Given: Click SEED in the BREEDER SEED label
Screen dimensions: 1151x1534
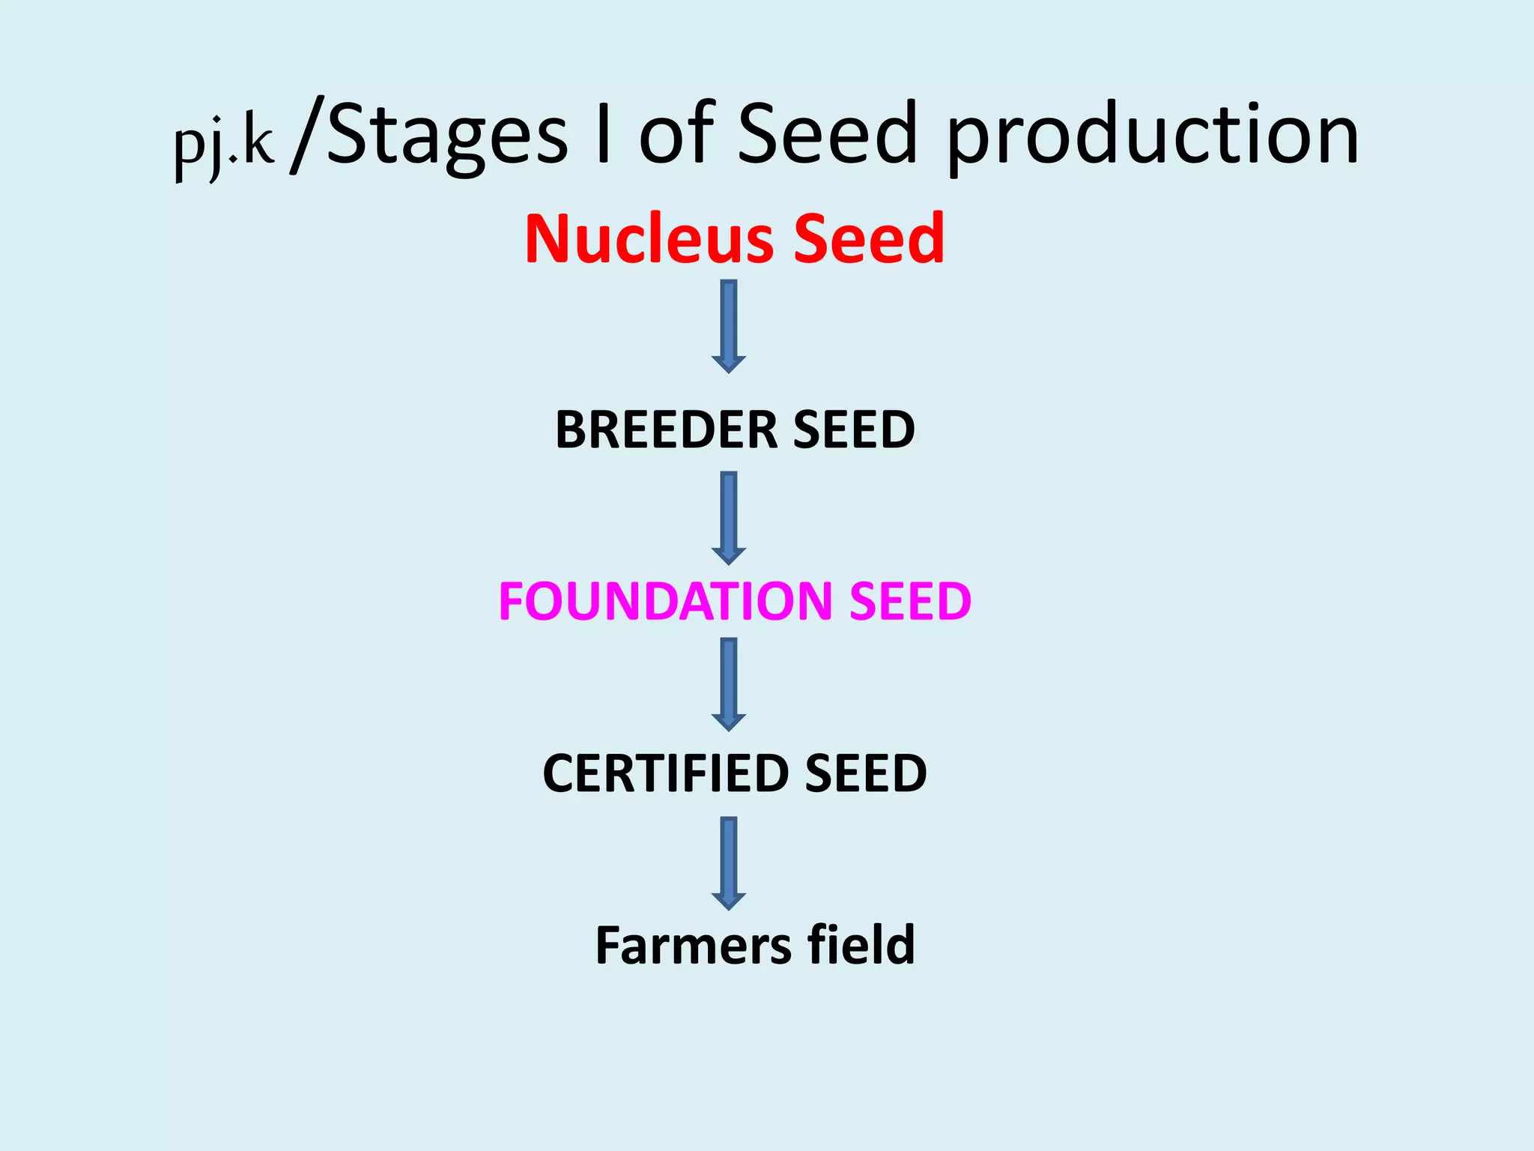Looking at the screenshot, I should pyautogui.click(x=854, y=430).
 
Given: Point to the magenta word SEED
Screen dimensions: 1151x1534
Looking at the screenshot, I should pyautogui.click(x=910, y=601).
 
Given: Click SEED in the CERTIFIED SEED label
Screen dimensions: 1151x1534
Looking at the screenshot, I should pyautogui.click(x=866, y=773).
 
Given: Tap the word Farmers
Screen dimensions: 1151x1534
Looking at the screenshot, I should pyautogui.click(x=693, y=945).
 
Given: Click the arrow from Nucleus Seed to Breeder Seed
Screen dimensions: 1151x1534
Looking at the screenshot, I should pyautogui.click(x=729, y=326).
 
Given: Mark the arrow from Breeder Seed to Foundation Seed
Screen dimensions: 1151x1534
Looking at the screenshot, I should pyautogui.click(x=729, y=518).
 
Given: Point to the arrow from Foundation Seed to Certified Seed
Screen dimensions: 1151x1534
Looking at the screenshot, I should pyautogui.click(x=729, y=684).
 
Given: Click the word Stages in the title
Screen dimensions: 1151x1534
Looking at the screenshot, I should pyautogui.click(x=447, y=135).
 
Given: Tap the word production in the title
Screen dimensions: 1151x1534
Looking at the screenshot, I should pyautogui.click(x=1153, y=135).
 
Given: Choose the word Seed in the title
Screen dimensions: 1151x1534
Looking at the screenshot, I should pyautogui.click(x=828, y=135).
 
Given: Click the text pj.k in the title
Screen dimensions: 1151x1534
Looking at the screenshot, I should pyautogui.click(x=224, y=142).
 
